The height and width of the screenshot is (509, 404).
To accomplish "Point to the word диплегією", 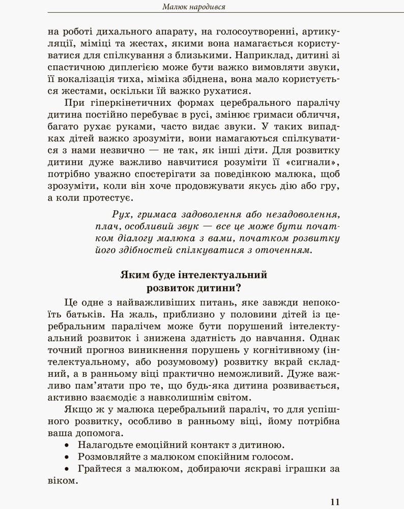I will pyautogui.click(x=134, y=67).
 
